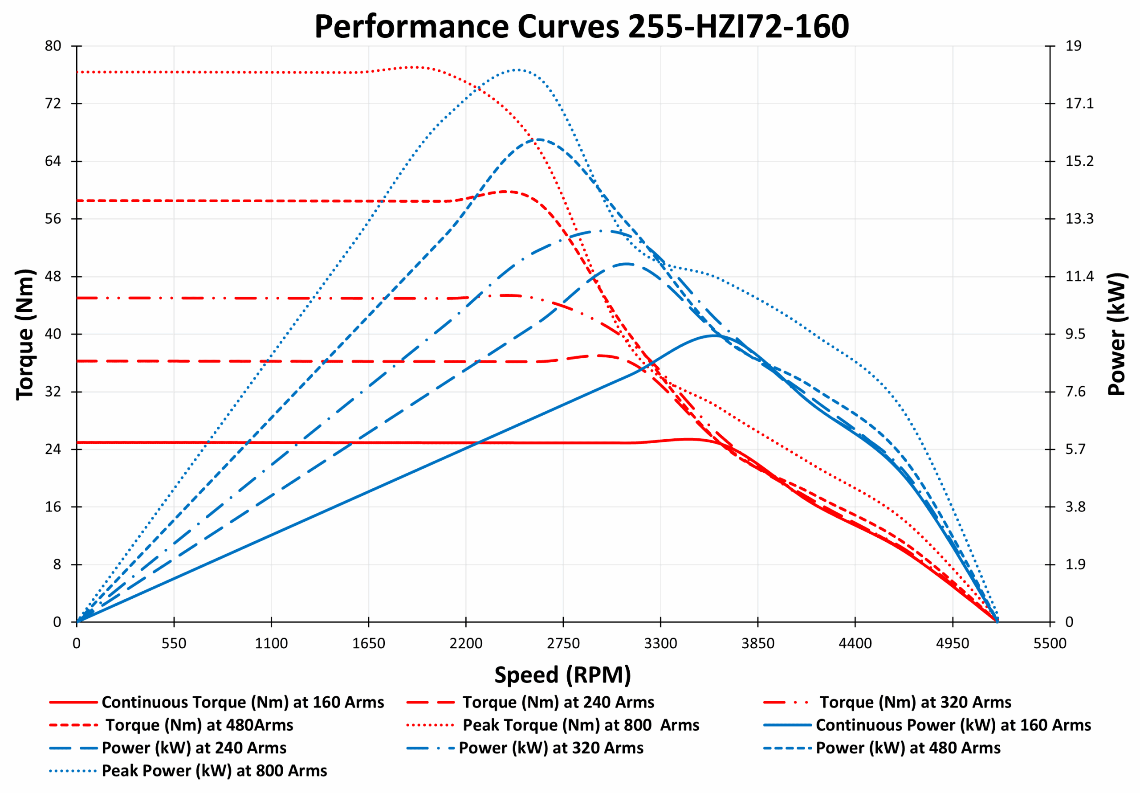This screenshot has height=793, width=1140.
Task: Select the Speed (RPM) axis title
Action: point(562,675)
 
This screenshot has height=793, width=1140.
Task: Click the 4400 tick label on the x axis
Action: point(855,643)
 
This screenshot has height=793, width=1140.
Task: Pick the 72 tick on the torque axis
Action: point(53,103)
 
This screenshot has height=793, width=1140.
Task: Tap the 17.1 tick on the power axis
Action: point(1079,103)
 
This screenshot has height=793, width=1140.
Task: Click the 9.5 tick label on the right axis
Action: point(1075,334)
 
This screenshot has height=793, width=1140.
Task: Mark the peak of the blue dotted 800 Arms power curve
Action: point(517,69)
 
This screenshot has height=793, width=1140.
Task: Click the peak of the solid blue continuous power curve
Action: point(713,335)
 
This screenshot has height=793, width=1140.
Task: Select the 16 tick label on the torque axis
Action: point(53,507)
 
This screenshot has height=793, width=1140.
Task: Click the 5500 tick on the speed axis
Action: point(1050,643)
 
